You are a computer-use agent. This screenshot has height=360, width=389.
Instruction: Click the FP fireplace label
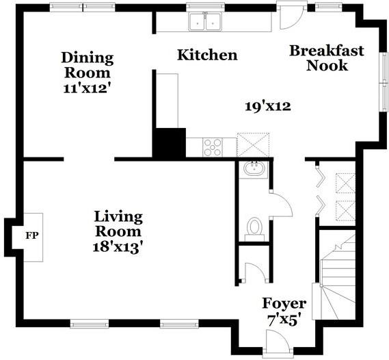(x=32, y=235)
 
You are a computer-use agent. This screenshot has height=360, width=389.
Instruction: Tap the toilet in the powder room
(x=254, y=229)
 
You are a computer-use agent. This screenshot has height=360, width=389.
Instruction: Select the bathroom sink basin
(x=254, y=169)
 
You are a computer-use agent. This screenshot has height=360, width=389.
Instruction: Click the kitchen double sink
(x=205, y=22)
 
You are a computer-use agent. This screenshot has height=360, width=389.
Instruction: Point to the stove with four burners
(x=213, y=147)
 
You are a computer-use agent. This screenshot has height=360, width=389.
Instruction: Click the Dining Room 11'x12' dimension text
(x=86, y=88)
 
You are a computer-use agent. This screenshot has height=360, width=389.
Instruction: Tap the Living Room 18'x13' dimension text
(x=118, y=247)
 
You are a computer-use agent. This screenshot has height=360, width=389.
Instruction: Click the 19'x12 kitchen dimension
(x=268, y=107)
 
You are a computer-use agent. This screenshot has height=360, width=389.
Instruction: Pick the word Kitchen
(x=207, y=55)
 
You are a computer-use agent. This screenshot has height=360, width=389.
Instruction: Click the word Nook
(x=327, y=65)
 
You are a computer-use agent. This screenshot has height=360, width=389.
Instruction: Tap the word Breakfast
(x=327, y=51)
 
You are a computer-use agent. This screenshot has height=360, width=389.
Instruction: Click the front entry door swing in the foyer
(x=278, y=341)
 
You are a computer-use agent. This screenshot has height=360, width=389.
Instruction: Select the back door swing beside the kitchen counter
(x=291, y=17)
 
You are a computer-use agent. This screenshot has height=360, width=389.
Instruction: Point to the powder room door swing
(x=282, y=205)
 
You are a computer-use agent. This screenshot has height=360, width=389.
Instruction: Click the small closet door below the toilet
(x=256, y=272)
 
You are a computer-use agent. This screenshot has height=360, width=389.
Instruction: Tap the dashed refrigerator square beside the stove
(x=253, y=144)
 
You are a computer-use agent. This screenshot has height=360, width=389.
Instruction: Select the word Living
(x=118, y=216)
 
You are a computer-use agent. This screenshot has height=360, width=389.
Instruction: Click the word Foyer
(x=284, y=304)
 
